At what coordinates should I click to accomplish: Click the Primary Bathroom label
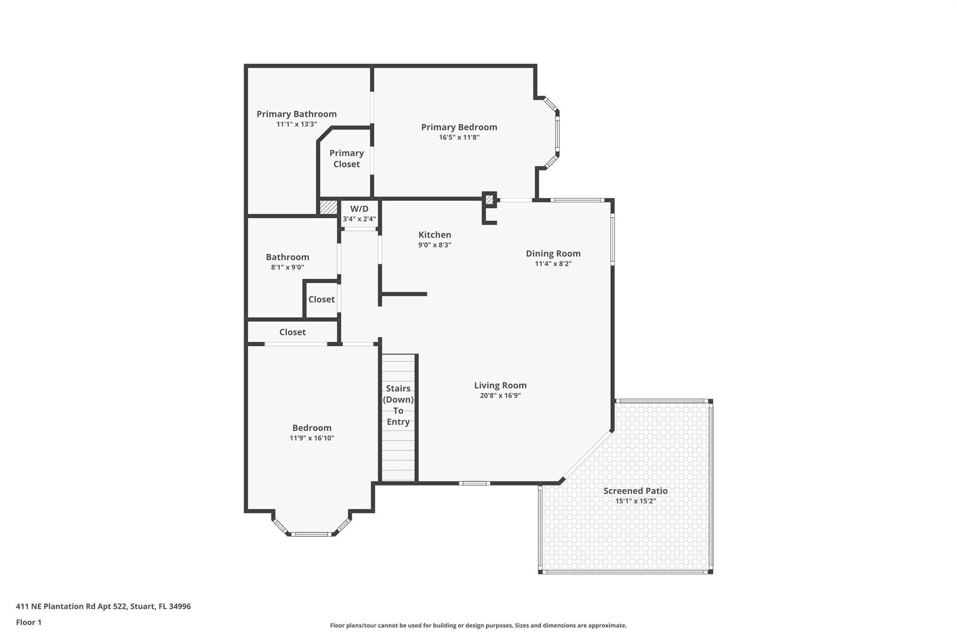(296, 114)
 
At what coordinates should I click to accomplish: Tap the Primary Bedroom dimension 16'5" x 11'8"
(459, 137)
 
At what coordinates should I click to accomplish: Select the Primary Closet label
(346, 158)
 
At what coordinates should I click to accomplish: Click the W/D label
(359, 209)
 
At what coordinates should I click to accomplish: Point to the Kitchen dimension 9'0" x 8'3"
(435, 245)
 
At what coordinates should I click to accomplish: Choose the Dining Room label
(553, 253)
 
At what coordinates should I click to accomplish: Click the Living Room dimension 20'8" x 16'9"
(500, 395)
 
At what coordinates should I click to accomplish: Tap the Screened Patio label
(635, 491)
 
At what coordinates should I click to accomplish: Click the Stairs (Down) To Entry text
(398, 405)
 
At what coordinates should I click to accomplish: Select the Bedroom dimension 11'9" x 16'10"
(312, 438)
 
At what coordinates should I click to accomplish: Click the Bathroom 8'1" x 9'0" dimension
(287, 267)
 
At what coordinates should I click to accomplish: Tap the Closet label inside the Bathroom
(321, 299)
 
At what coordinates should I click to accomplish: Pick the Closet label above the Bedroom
(293, 332)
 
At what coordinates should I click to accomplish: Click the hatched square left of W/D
(328, 207)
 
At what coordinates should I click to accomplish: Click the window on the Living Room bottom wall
(474, 483)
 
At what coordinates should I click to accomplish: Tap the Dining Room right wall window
(613, 240)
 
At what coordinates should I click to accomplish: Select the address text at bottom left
(103, 606)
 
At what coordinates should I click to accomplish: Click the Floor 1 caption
(29, 622)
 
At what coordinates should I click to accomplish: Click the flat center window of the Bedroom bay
(311, 534)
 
